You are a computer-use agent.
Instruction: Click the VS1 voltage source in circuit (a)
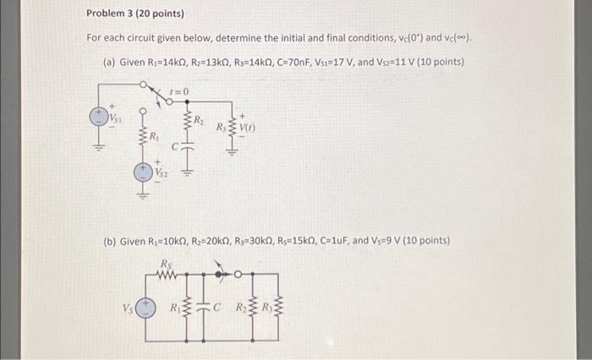[x=98, y=115]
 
